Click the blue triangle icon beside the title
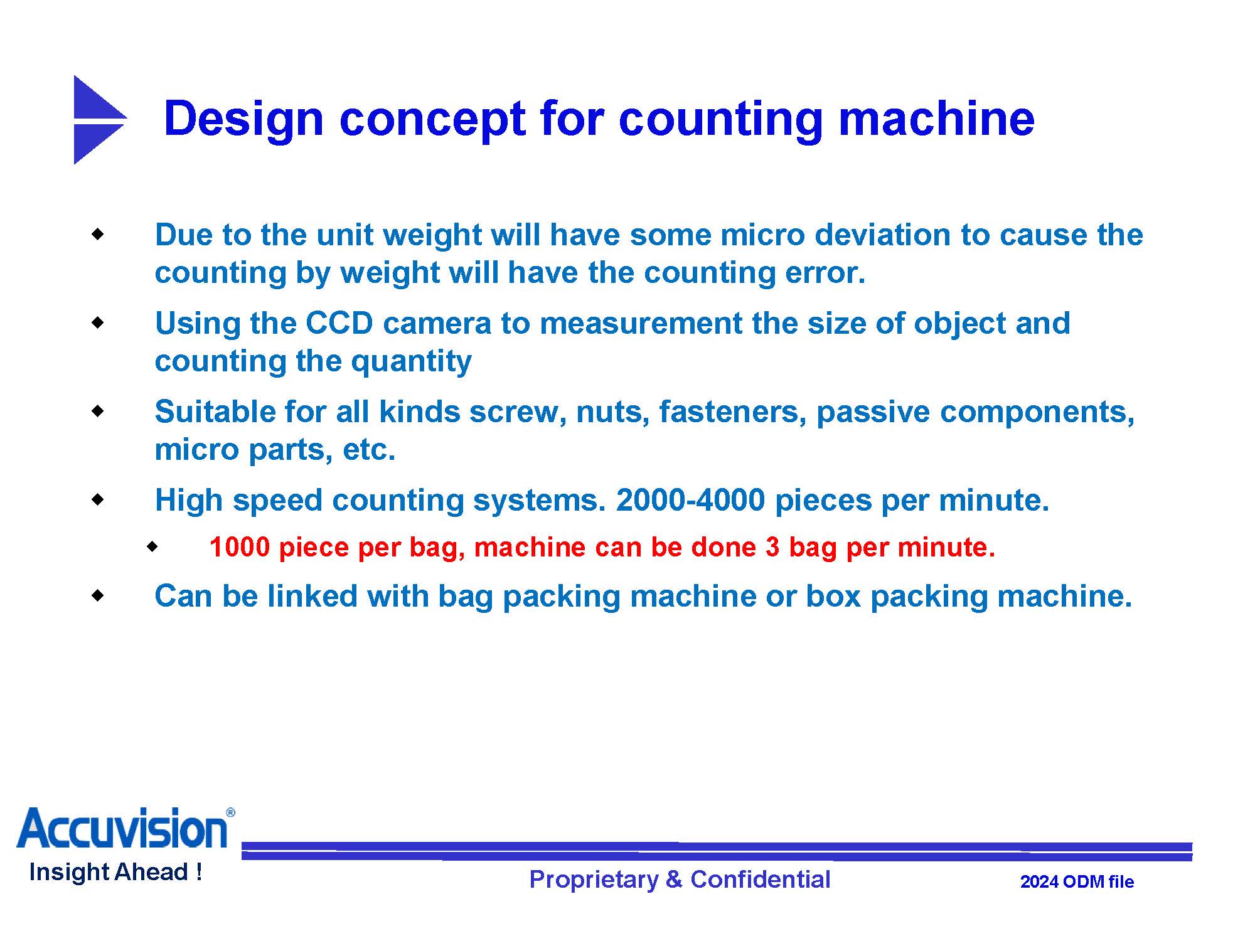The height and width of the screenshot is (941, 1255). pyautogui.click(x=97, y=120)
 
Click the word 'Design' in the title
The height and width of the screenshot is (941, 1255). pyautogui.click(x=243, y=120)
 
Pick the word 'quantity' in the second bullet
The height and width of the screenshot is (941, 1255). pyautogui.click(x=411, y=362)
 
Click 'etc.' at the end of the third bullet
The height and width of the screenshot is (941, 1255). pyautogui.click(x=369, y=450)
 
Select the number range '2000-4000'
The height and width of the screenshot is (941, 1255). pyautogui.click(x=690, y=501)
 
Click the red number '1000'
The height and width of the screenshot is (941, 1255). pyautogui.click(x=239, y=547)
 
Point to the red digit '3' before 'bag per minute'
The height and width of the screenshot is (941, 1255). pyautogui.click(x=772, y=547)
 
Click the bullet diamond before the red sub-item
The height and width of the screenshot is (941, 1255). pyautogui.click(x=152, y=547)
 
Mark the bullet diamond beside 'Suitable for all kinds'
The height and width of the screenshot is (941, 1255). pyautogui.click(x=97, y=412)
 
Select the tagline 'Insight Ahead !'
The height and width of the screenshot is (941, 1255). pyautogui.click(x=115, y=872)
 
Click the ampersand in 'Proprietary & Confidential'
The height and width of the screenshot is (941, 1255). pyautogui.click(x=674, y=880)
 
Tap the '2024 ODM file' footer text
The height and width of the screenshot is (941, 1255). pyautogui.click(x=1077, y=882)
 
